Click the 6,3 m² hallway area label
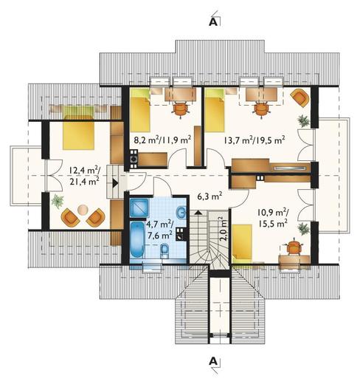pyautogui.click(x=210, y=196)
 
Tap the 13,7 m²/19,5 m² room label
pyautogui.click(x=255, y=140)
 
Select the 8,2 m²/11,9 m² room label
pyautogui.click(x=162, y=140)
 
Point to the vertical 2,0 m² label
pyautogui.click(x=223, y=229)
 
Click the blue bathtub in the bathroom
pyautogui.click(x=136, y=240)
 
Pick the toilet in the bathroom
pyautogui.click(x=164, y=251)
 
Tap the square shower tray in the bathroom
pyautogui.click(x=139, y=208)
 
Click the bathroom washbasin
pyautogui.click(x=181, y=212)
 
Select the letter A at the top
pyautogui.click(x=213, y=22)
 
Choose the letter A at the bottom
pyautogui.click(x=213, y=362)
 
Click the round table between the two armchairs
pyautogui.click(x=83, y=210)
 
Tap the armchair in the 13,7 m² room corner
pyautogui.click(x=300, y=98)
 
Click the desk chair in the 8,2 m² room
pyautogui.click(x=181, y=109)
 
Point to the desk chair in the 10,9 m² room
pyautogui.click(x=294, y=247)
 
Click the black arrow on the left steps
pyautogui.click(x=115, y=183)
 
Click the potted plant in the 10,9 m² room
pyautogui.click(x=303, y=229)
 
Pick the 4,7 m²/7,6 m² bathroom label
pyautogui.click(x=160, y=230)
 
